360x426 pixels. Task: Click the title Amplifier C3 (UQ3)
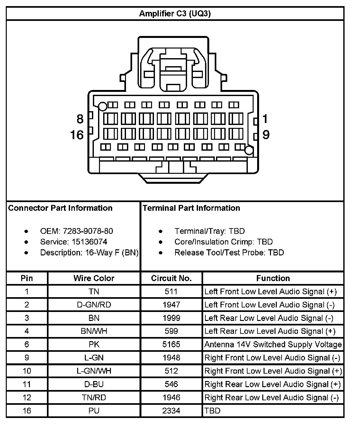(x=175, y=14)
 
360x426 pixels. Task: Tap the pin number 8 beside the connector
(x=80, y=119)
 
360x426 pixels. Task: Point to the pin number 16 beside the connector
(x=77, y=135)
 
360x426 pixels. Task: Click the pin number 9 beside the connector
(x=266, y=135)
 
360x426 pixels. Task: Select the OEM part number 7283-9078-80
(x=88, y=231)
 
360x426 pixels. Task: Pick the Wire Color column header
(x=94, y=278)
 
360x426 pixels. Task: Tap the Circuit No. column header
(x=171, y=278)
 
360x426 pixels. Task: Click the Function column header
(x=273, y=278)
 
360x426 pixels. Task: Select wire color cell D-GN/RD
(x=94, y=305)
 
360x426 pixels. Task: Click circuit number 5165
(x=171, y=344)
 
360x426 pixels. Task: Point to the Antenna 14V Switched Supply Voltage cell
(x=273, y=344)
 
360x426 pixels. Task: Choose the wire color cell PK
(x=94, y=344)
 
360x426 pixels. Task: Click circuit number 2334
(x=171, y=411)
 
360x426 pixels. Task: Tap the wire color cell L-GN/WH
(x=94, y=371)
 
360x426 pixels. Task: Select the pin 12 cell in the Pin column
(x=27, y=397)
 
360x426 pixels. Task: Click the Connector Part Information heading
(x=60, y=208)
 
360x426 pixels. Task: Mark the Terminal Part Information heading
(x=191, y=208)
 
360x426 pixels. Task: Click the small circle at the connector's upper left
(x=103, y=106)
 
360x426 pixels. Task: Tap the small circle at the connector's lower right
(x=248, y=150)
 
